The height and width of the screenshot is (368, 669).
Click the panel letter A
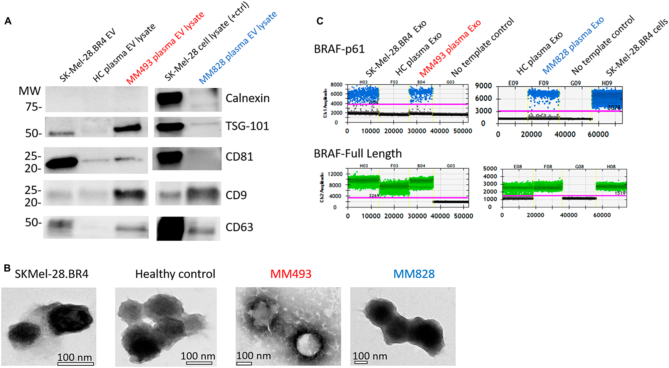pyautogui.click(x=8, y=21)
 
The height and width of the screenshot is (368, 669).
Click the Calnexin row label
pyautogui.click(x=247, y=98)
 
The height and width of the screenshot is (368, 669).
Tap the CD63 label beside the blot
pyautogui.click(x=239, y=227)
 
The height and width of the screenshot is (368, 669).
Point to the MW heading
pyautogui.click(x=29, y=91)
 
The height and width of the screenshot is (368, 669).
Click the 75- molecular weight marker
pyautogui.click(x=33, y=107)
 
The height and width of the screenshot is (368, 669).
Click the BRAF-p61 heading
pyautogui.click(x=339, y=49)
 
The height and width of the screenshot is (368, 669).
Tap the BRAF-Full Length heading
pyautogui.click(x=358, y=154)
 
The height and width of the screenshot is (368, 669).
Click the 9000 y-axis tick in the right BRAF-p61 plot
pyautogui.click(x=483, y=86)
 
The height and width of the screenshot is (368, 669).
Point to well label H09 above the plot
pyautogui.click(x=607, y=83)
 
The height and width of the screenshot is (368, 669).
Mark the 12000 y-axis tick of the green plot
pyautogui.click(x=335, y=174)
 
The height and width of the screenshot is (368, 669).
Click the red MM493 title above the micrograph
pyautogui.click(x=291, y=274)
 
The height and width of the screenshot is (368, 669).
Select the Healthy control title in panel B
pyautogui.click(x=175, y=274)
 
